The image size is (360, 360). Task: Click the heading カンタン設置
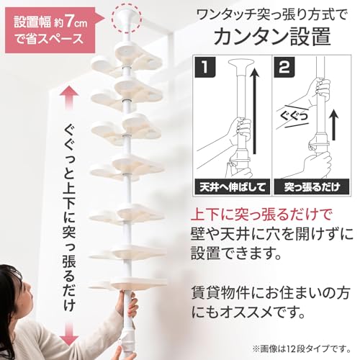(272, 36)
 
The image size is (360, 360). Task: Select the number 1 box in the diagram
(205, 67)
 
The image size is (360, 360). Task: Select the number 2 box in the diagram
(284, 67)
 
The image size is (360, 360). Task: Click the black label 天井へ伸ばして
(233, 186)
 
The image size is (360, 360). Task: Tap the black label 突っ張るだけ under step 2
(312, 186)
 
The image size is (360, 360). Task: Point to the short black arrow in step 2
(333, 125)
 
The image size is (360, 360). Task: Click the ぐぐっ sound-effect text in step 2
(294, 117)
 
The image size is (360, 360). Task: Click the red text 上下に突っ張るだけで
(261, 214)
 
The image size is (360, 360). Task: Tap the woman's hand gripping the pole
(126, 305)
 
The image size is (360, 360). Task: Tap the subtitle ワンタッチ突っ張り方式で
(271, 15)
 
